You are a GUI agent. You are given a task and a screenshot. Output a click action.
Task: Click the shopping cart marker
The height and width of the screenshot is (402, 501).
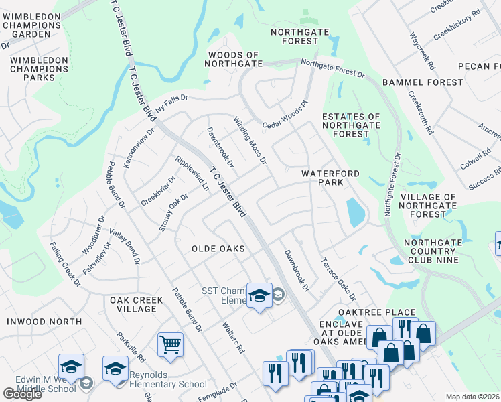click(x=170, y=344)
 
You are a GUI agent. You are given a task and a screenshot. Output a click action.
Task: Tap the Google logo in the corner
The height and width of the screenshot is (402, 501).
click(x=22, y=394)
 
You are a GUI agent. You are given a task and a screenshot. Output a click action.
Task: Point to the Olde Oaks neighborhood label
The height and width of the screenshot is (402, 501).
click(x=218, y=249)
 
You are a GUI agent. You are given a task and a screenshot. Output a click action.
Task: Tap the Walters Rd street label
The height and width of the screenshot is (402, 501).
click(x=231, y=336)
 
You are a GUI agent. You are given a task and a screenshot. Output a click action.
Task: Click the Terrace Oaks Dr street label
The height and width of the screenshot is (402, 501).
click(x=338, y=279)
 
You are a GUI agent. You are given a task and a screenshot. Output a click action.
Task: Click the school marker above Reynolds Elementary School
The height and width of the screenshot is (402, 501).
click(x=115, y=369)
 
